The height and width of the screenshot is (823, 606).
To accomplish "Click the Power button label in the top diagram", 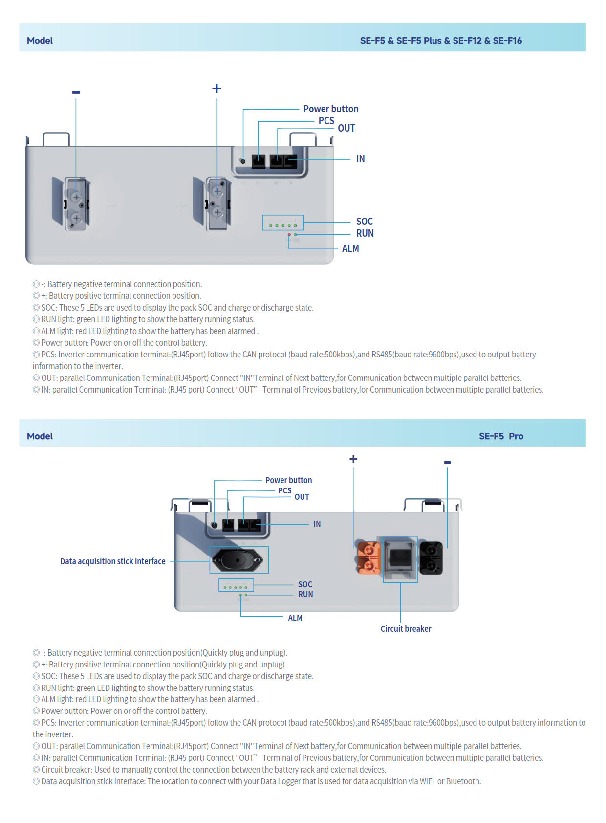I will point(330,109).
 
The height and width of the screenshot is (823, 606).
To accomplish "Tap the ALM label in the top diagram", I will point(350,248).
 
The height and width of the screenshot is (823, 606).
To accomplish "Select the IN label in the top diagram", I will point(360,159).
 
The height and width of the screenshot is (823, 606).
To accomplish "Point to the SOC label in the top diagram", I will point(364,222).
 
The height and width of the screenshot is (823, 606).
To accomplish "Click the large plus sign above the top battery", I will point(216,89).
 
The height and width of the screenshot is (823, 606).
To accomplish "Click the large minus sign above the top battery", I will point(76,92).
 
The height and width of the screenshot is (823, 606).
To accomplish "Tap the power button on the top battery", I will point(242,160).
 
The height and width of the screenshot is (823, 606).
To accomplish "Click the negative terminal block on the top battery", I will point(76,204).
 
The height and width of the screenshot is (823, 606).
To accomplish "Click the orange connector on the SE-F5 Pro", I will point(369,557).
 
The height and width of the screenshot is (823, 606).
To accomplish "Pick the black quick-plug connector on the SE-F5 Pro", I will point(431,557).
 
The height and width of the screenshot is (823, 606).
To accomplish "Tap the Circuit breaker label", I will point(406,629).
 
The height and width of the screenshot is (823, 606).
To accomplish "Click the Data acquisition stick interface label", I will point(112,561).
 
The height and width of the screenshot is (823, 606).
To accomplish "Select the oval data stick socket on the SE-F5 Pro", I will point(238,560).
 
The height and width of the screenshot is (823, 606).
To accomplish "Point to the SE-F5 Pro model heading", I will point(501,436).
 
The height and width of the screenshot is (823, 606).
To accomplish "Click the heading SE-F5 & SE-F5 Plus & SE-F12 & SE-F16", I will point(441,41).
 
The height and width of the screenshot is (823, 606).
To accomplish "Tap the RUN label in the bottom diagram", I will point(305,595).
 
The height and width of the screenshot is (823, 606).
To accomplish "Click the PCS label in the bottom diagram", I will point(284,490).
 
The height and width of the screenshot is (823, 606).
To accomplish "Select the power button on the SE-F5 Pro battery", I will point(214,525).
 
